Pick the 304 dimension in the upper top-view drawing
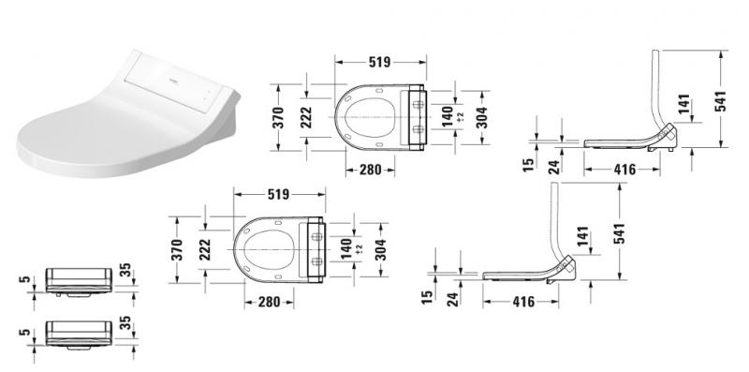coord(481,117)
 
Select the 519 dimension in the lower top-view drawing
coord(278,194)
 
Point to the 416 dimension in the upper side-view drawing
coord(624,170)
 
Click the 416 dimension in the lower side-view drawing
coord(523,302)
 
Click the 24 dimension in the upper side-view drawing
coord(554,166)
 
